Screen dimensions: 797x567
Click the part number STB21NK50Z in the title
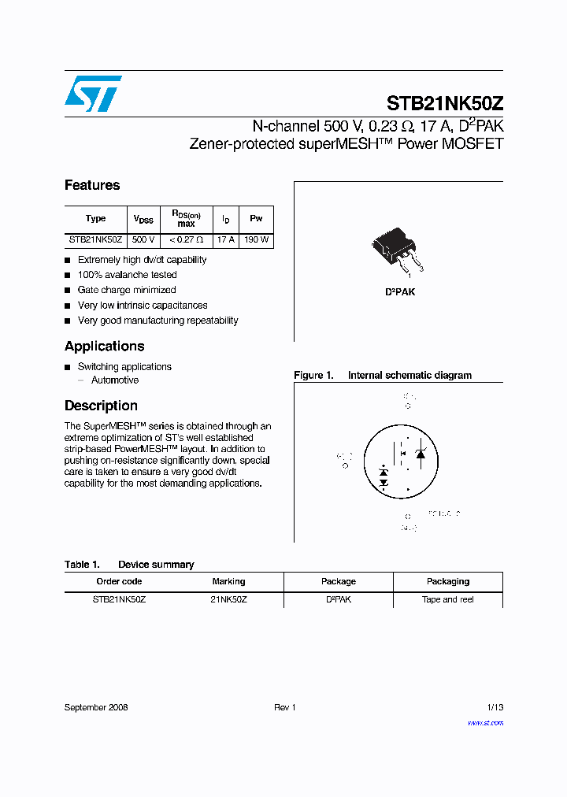pos(444,103)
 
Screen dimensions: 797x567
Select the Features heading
pos(92,185)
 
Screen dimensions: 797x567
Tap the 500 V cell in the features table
pos(143,239)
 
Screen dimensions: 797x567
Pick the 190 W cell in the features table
pos(256,239)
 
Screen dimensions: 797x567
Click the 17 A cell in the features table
pos(226,239)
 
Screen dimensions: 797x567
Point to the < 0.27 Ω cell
pos(186,239)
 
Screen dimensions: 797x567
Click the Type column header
pos(95,219)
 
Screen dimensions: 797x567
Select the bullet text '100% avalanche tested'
pos(127,275)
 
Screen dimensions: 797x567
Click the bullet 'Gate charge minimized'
pos(126,290)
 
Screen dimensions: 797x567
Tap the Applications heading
pos(104,346)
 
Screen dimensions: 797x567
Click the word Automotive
pos(115,380)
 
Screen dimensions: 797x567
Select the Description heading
pos(101,406)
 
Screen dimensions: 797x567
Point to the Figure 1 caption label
pos(313,376)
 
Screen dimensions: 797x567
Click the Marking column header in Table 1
pos(228,581)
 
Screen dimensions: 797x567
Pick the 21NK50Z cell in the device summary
pos(228,599)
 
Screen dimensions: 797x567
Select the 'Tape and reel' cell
pos(448,599)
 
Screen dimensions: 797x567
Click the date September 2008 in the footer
pos(96,707)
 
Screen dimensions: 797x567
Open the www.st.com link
pos(485,722)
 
